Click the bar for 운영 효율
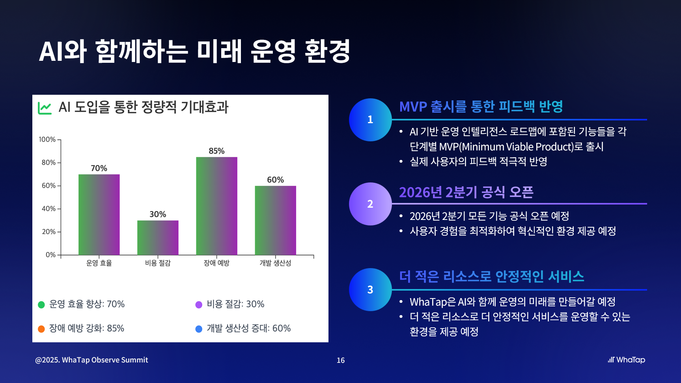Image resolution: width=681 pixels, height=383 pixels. [99, 214]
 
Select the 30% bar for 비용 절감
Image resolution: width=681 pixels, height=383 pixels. [158, 237]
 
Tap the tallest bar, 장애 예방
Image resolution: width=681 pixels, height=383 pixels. [216, 206]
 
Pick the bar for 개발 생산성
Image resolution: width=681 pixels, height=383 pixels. [275, 220]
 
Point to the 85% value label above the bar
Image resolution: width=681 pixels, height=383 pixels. [216, 151]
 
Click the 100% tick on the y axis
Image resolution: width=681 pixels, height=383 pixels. [47, 139]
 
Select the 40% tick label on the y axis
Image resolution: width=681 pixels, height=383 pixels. [49, 208]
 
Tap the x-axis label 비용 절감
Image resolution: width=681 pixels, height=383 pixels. [158, 263]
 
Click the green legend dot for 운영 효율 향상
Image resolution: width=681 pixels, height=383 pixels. [41, 304]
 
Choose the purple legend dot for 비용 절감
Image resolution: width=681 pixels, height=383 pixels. [199, 304]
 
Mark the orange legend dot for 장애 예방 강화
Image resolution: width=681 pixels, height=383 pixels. [41, 329]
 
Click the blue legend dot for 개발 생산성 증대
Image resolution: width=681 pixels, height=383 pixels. [199, 329]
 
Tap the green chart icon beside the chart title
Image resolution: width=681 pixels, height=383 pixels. [45, 108]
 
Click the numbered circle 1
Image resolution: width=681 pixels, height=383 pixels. [370, 120]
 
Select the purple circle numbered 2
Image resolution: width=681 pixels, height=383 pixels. [370, 204]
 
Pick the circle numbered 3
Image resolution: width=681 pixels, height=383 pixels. [370, 289]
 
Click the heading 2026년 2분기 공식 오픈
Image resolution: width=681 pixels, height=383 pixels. [466, 192]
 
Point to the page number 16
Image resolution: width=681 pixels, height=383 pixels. [341, 360]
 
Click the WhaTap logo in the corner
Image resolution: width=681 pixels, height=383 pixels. [626, 360]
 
